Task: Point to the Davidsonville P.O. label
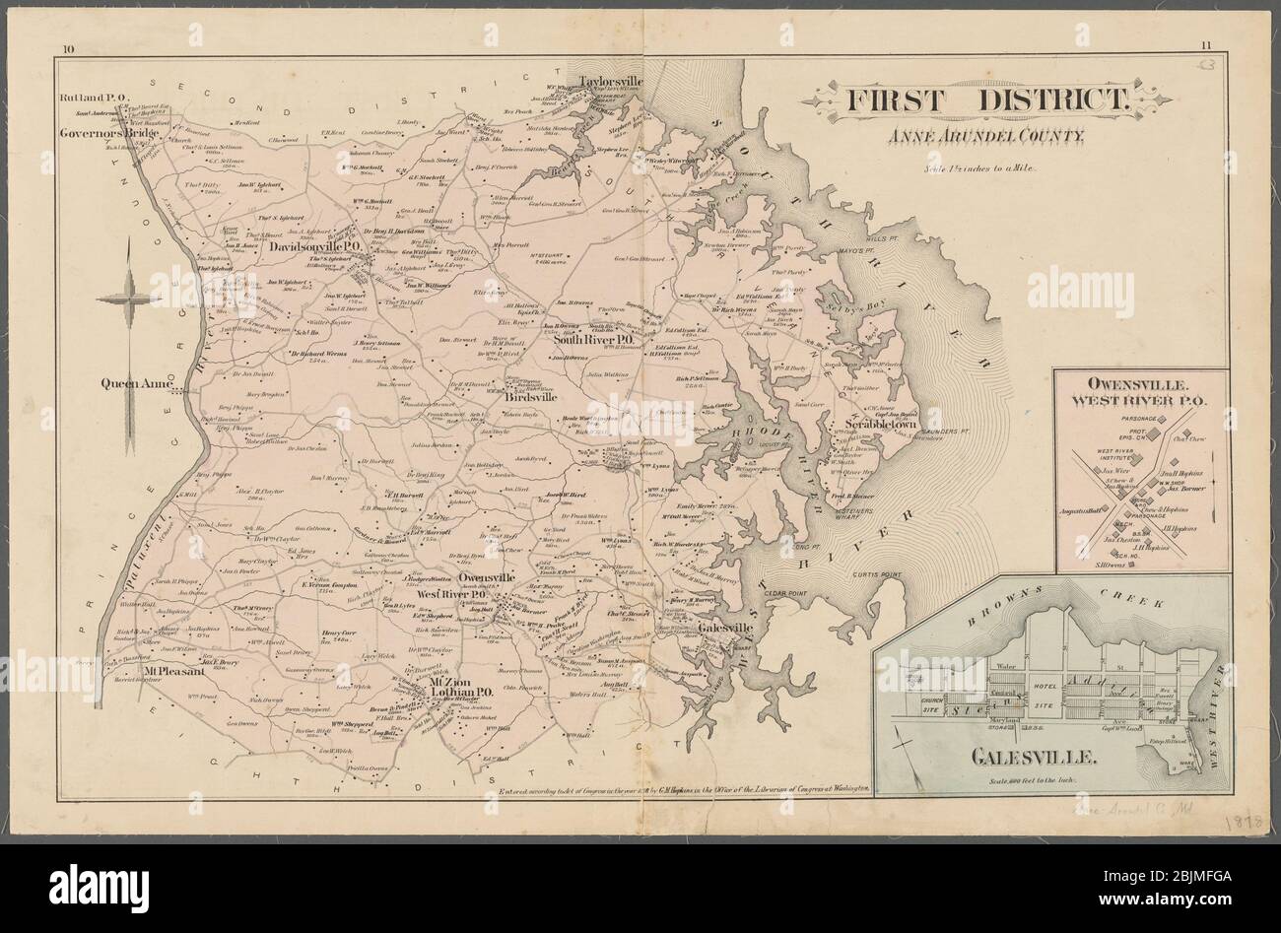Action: pos(313,248)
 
